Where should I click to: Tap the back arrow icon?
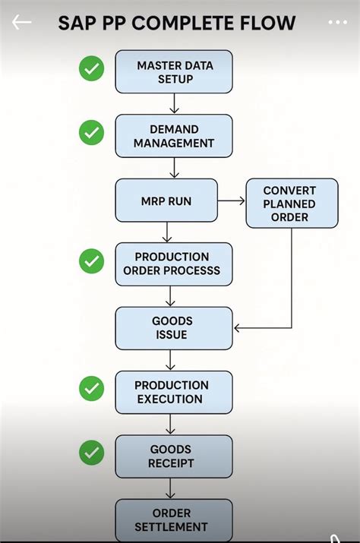[x=21, y=22]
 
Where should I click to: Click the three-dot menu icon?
[x=337, y=22]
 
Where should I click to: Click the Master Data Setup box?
[x=173, y=72]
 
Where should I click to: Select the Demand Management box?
[x=173, y=136]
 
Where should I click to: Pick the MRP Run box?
[x=166, y=200]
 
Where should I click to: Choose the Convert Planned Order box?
[x=292, y=204]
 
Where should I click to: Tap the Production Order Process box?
[x=173, y=264]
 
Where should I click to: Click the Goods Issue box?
[x=173, y=328]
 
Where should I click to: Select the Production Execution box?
[x=173, y=392]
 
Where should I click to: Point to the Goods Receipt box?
[x=173, y=456]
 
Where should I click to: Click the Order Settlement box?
[x=173, y=519]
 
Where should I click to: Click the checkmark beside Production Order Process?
[x=92, y=261]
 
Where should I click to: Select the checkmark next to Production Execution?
[x=92, y=389]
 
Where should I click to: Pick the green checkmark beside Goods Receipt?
[x=92, y=453]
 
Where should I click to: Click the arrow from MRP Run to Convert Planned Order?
[x=231, y=201]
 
